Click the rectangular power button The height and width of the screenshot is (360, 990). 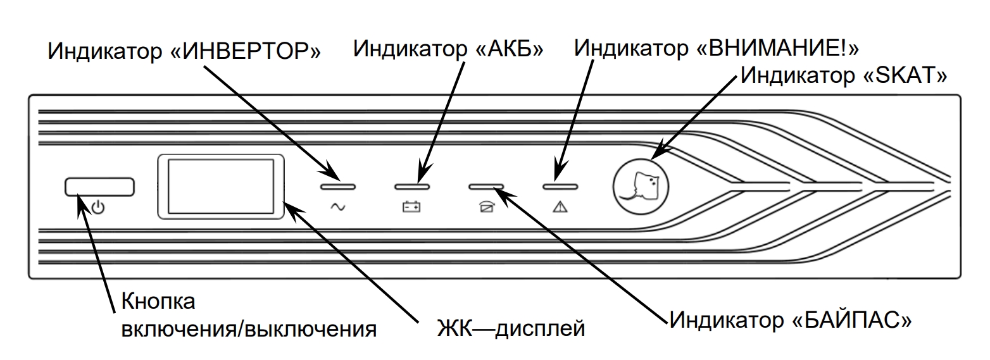tap(99, 187)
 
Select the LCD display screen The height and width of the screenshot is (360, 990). tap(220, 187)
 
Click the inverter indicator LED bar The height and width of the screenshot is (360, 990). tap(338, 187)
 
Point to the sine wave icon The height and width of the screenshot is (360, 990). tap(338, 207)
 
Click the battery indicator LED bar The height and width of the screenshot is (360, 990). tap(412, 187)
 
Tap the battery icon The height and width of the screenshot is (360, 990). tap(412, 207)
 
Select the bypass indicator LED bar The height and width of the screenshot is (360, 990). tap(486, 187)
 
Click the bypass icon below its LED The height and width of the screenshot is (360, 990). tap(486, 207)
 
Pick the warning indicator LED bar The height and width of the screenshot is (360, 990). tap(560, 187)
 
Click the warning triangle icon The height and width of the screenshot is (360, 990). tap(560, 207)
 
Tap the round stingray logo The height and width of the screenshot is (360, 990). tap(641, 183)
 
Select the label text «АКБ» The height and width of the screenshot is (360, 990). tap(508, 48)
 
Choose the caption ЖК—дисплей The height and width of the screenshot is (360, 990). tap(511, 330)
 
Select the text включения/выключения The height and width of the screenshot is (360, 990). tap(249, 330)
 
